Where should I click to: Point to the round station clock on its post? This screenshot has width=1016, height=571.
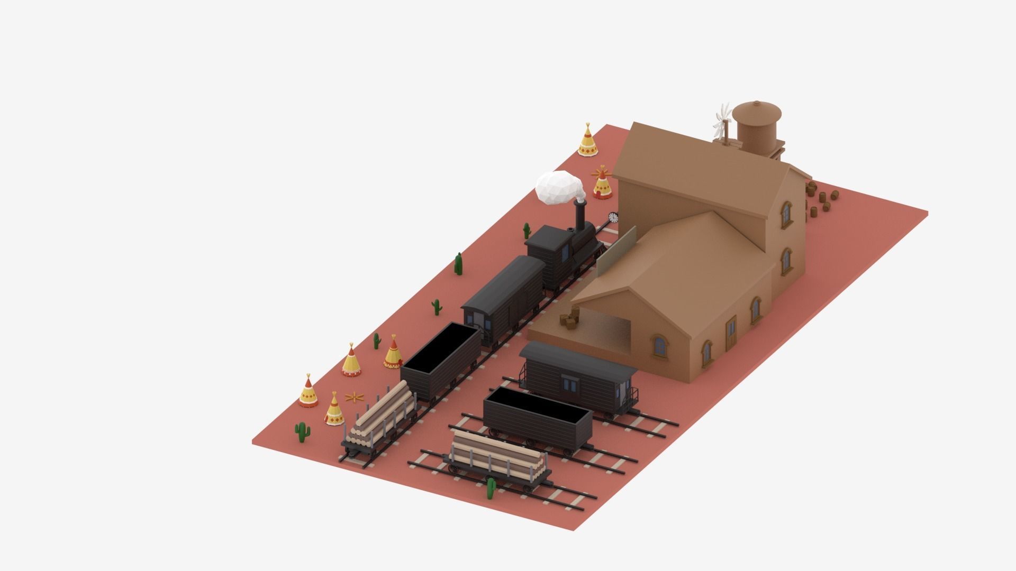pyautogui.click(x=613, y=217)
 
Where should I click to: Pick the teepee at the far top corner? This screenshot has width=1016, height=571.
pyautogui.click(x=587, y=141)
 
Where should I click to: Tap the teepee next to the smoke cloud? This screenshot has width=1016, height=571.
pyautogui.click(x=602, y=186)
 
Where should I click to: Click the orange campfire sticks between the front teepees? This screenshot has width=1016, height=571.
pyautogui.click(x=352, y=396)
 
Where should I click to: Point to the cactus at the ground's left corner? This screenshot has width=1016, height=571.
pyautogui.click(x=302, y=432)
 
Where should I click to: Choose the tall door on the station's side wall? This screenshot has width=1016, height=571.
pyautogui.click(x=731, y=334)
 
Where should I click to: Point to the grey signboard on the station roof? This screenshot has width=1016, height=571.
pyautogui.click(x=616, y=248)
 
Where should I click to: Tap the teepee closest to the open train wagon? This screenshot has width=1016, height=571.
pyautogui.click(x=392, y=354)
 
